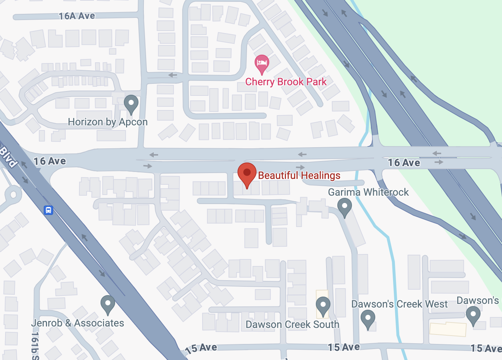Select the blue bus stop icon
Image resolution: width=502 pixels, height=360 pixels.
[48, 210]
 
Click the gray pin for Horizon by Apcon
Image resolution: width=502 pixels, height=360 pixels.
[131, 103]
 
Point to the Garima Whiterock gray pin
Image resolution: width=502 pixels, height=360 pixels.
[344, 207]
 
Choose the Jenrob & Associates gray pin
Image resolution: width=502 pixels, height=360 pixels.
[108, 304]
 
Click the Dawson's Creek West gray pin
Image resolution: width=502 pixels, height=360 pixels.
[368, 318]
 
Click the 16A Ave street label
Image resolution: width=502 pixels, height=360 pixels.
[77, 16]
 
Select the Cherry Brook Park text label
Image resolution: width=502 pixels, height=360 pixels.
[286, 82]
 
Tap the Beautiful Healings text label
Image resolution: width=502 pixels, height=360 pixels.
[299, 176]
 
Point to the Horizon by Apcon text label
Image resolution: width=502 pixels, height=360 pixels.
[108, 122]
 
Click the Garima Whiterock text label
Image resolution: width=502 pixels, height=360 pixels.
[368, 192]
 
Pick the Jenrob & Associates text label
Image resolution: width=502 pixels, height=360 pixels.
[78, 323]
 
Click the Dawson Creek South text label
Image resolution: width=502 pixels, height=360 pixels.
[292, 324]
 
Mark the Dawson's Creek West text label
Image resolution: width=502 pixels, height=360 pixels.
[399, 304]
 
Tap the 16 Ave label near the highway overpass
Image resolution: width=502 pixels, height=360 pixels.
[404, 163]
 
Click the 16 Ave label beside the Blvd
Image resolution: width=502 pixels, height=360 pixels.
[50, 161]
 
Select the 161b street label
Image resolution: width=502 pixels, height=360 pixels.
[35, 345]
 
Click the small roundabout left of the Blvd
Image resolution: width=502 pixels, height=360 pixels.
[13, 194]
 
